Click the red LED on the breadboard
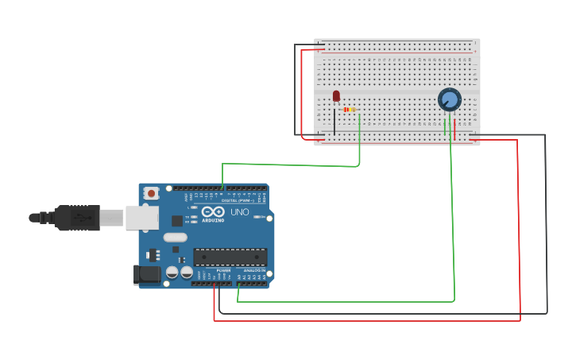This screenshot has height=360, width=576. (336, 95)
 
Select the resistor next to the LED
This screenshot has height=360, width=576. (350, 109)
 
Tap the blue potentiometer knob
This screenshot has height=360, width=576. (450, 99)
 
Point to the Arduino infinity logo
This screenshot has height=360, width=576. (213, 211)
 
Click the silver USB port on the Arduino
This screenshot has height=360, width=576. (141, 217)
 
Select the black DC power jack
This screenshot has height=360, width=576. (146, 274)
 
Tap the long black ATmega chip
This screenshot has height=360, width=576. (230, 257)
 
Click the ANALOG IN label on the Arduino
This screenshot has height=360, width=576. (254, 271)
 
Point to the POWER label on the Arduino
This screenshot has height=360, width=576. (224, 271)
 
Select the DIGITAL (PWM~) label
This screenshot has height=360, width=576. (239, 200)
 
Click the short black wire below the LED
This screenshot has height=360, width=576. (334, 123)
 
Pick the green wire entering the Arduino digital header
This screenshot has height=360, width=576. (222, 178)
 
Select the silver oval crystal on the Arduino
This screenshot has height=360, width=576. (176, 237)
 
